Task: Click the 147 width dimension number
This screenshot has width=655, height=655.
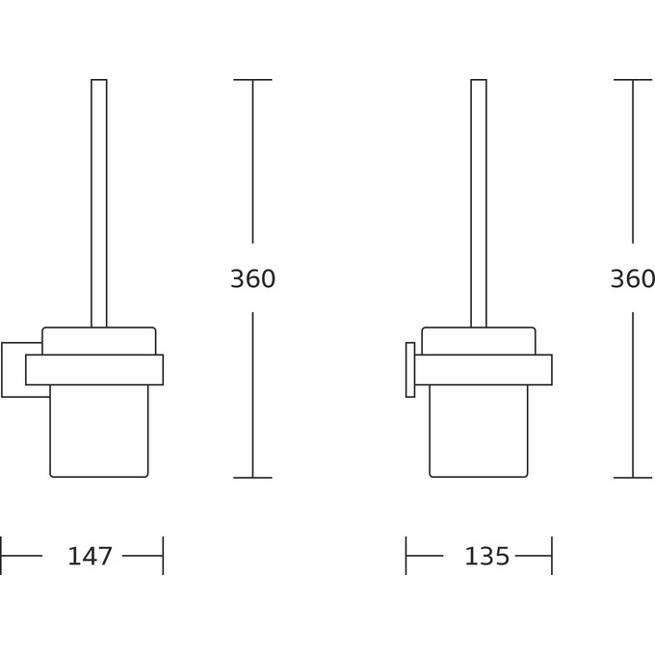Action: tap(90, 556)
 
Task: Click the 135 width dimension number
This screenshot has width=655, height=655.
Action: tap(487, 556)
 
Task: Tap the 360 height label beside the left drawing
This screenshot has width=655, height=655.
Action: tap(252, 278)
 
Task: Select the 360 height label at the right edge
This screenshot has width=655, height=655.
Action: tap(633, 278)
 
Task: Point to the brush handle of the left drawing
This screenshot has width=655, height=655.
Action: tap(99, 203)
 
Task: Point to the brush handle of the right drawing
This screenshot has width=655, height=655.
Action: tap(479, 203)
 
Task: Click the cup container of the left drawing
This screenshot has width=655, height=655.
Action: tap(99, 431)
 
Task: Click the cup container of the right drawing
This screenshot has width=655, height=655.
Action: tap(479, 431)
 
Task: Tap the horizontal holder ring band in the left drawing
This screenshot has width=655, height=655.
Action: tap(94, 370)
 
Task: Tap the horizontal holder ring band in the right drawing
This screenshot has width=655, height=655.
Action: tap(484, 370)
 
